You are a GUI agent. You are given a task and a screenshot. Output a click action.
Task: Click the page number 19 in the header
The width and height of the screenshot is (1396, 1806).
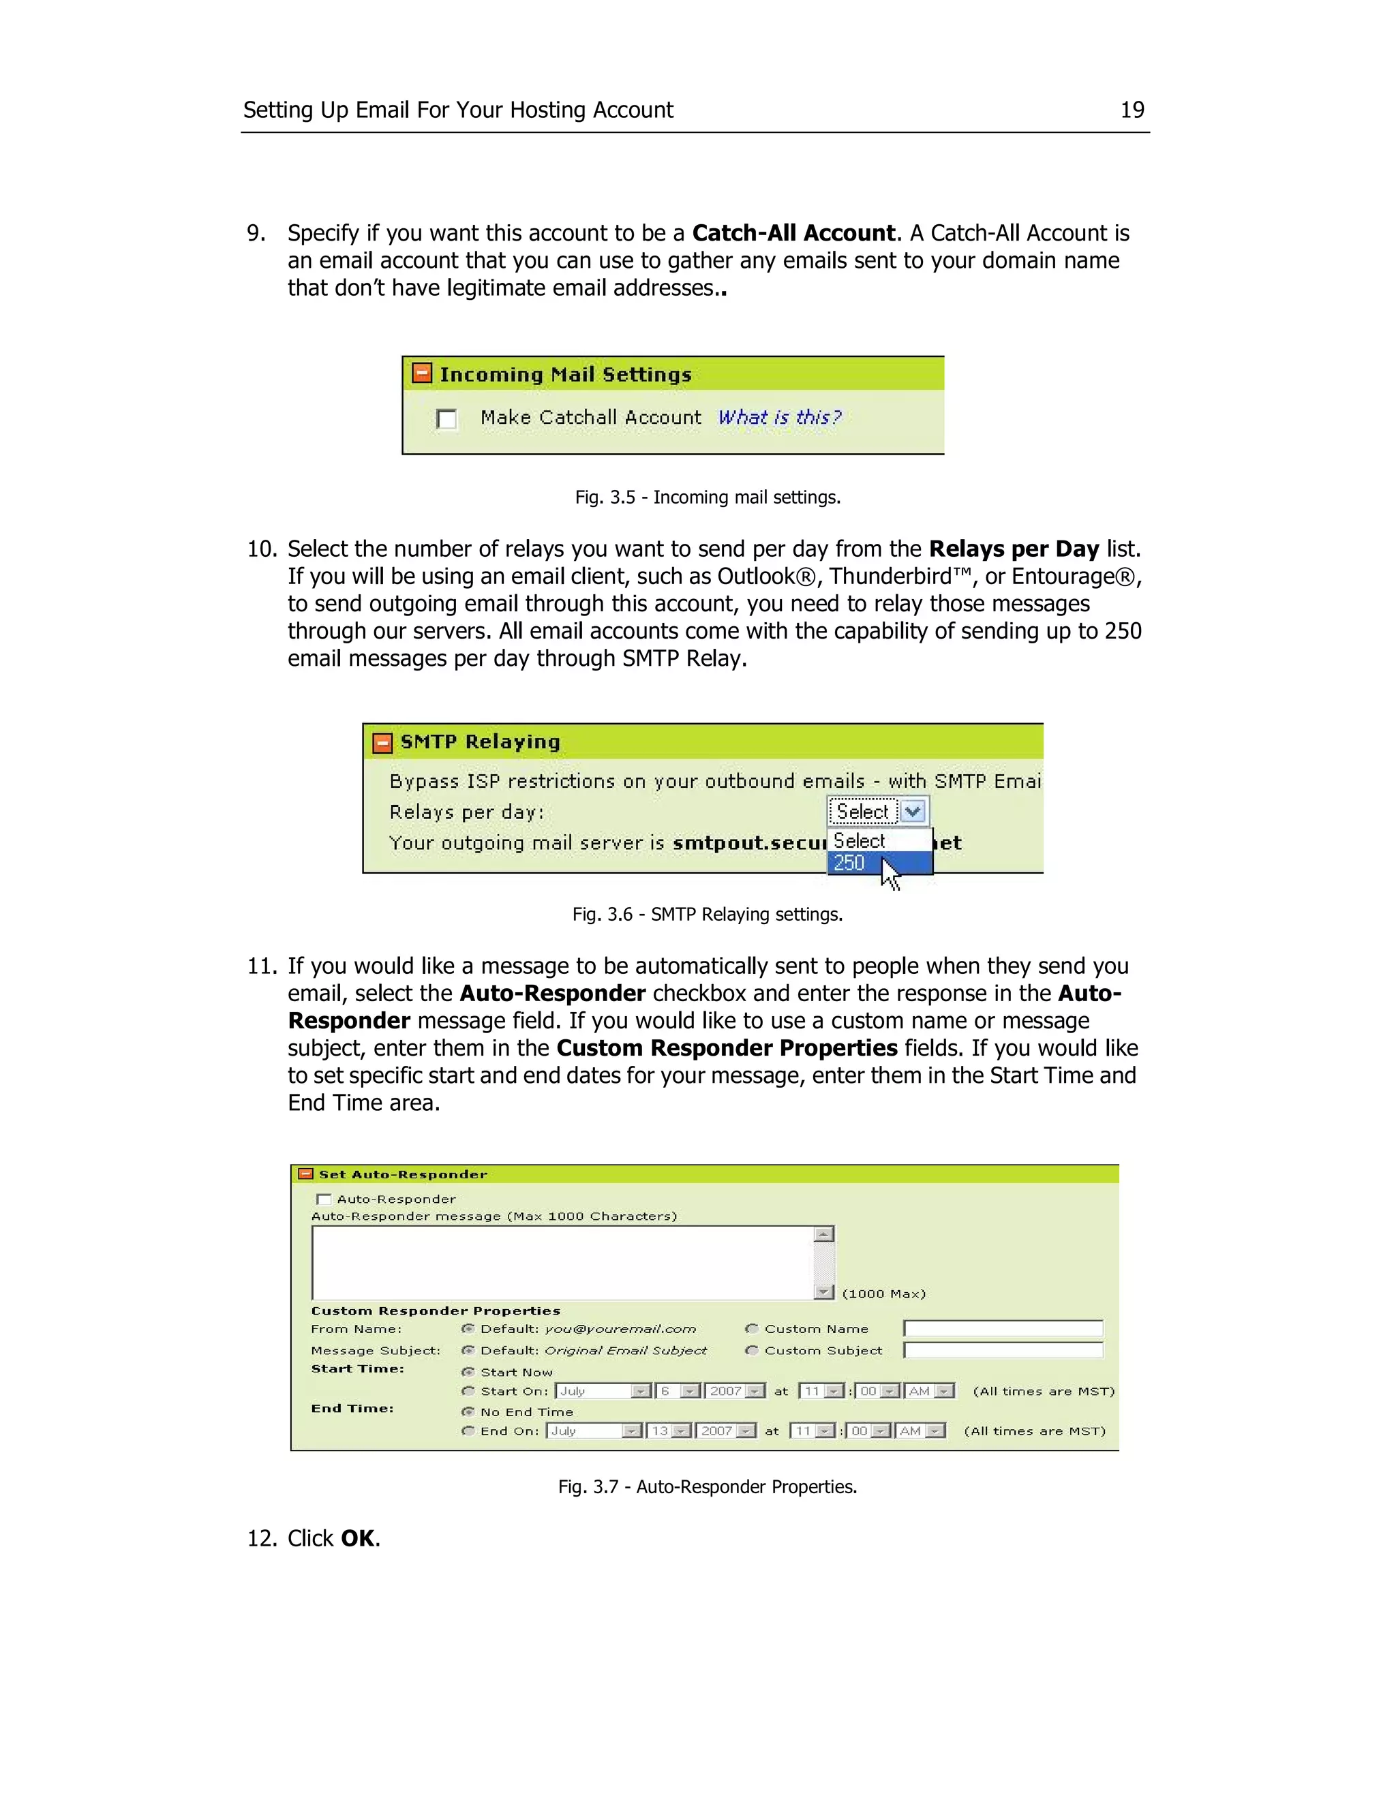(1132, 110)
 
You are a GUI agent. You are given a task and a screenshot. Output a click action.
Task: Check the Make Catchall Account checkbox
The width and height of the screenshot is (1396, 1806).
(446, 419)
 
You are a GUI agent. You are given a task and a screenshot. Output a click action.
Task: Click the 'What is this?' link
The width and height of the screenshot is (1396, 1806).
(779, 418)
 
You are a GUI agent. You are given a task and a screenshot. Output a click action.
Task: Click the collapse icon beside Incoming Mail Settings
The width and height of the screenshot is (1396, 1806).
(422, 373)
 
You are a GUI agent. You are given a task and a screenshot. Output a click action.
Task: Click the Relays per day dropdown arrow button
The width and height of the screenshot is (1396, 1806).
(913, 811)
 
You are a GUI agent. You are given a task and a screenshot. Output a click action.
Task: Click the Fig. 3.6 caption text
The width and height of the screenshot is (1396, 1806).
(707, 915)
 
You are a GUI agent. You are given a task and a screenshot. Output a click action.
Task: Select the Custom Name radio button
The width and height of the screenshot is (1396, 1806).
(752, 1329)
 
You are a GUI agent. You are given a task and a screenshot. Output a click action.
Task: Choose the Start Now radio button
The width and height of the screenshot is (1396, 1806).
(468, 1372)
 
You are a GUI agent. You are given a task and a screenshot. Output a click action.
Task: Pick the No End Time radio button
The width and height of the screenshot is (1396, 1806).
(468, 1411)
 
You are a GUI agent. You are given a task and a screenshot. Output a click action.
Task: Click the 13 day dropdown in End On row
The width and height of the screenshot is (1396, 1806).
(668, 1430)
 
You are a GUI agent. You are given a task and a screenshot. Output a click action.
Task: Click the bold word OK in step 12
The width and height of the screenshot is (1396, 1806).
(357, 1538)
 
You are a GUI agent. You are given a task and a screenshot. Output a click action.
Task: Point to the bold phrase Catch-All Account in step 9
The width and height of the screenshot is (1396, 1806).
(793, 233)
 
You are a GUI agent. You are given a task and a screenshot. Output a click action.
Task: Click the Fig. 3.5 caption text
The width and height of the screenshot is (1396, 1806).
(707, 497)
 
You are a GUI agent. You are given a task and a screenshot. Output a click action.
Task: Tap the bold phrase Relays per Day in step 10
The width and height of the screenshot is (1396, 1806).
(1013, 549)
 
